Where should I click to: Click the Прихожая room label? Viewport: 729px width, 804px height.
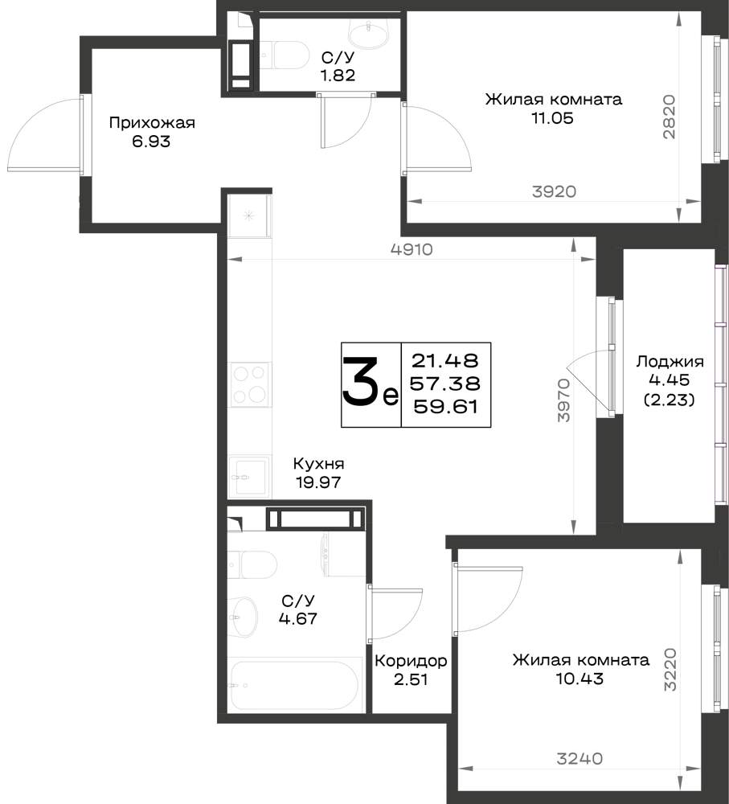(x=152, y=123)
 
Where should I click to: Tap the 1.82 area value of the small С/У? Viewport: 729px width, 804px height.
(x=338, y=76)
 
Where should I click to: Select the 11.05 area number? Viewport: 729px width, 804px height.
(x=552, y=118)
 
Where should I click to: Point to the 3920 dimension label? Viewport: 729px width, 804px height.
(x=554, y=192)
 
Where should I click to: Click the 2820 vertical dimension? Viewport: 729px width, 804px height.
(x=669, y=117)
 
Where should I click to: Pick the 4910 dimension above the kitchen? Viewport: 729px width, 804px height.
(x=412, y=250)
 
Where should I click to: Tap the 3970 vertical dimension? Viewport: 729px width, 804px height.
(x=563, y=400)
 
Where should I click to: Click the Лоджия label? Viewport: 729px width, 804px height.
(x=670, y=362)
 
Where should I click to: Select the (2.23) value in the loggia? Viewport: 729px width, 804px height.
(x=669, y=400)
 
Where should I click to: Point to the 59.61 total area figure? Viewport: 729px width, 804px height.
(x=445, y=407)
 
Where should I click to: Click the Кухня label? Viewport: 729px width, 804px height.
(x=318, y=464)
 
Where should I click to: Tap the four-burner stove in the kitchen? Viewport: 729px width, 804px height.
(x=250, y=384)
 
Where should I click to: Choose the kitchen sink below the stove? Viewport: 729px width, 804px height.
(x=250, y=476)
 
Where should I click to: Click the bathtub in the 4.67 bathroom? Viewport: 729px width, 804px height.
(x=297, y=686)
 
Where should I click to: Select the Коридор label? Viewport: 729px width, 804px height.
(x=411, y=661)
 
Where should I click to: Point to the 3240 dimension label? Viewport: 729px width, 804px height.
(x=580, y=758)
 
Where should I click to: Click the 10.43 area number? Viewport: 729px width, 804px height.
(x=580, y=679)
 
